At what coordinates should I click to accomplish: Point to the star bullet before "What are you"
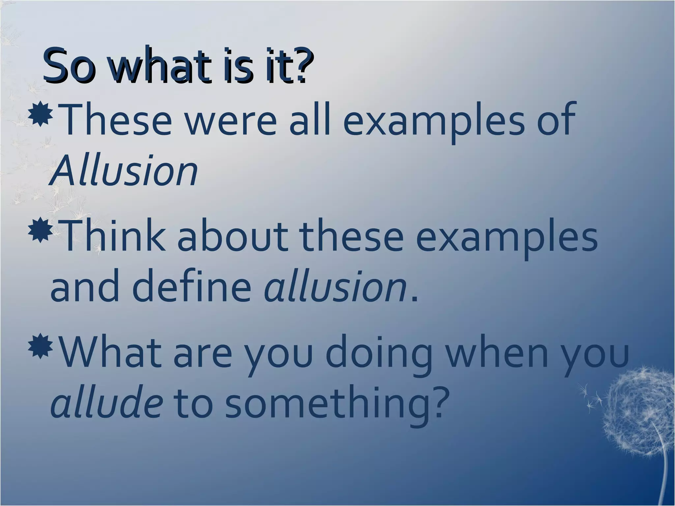[41, 346]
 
